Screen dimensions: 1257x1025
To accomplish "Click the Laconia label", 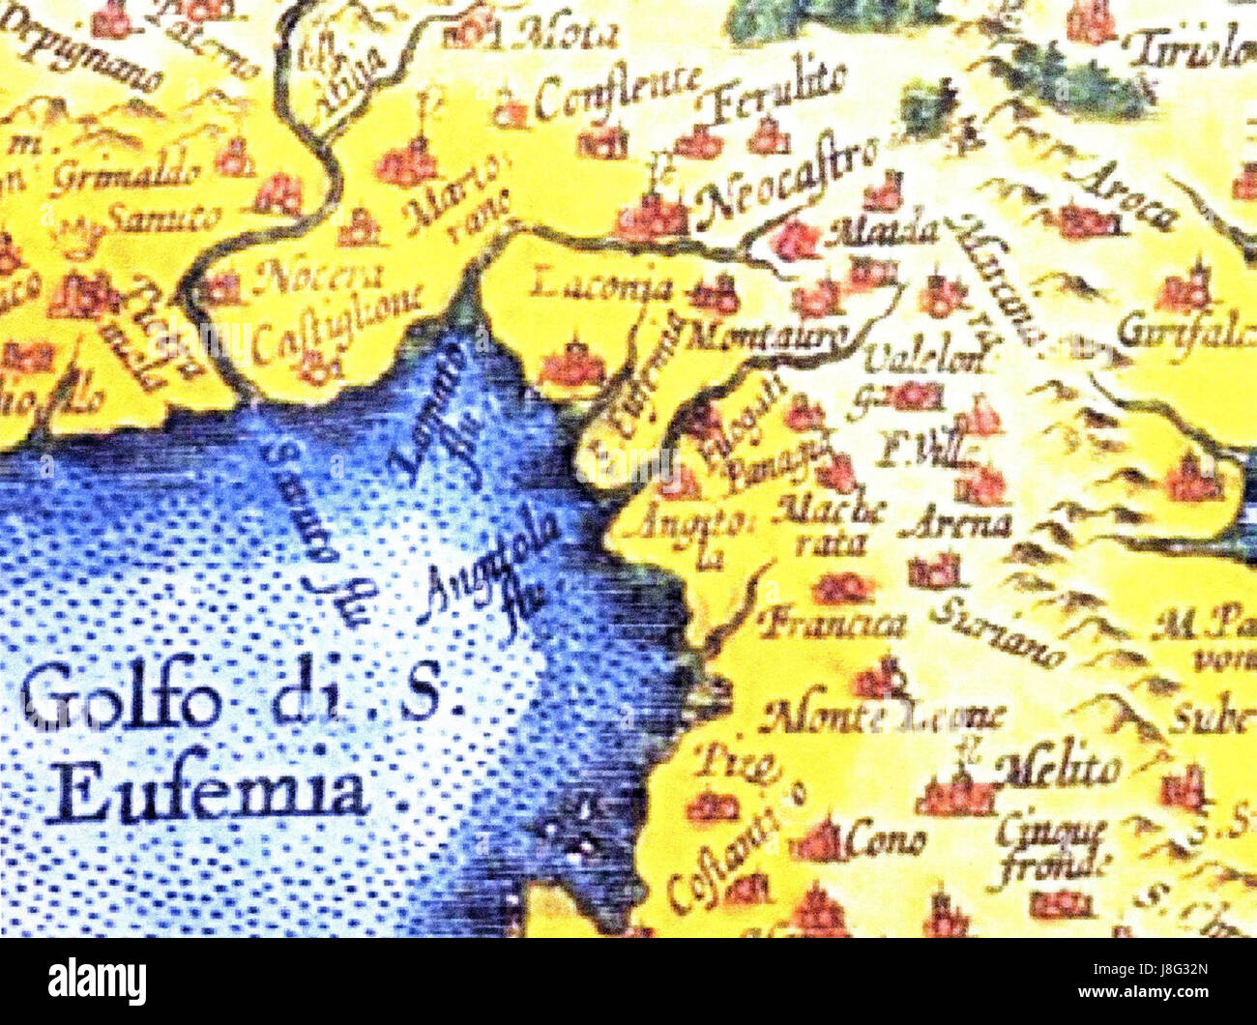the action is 601,286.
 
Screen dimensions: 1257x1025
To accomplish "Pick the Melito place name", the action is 1064,769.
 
